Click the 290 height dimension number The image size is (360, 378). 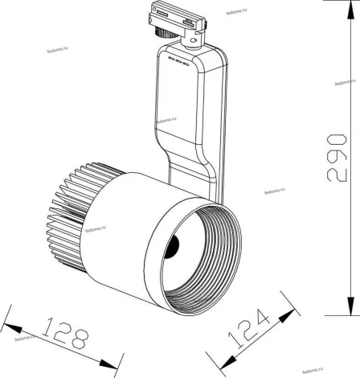[342, 166]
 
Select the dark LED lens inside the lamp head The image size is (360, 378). [171, 246]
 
